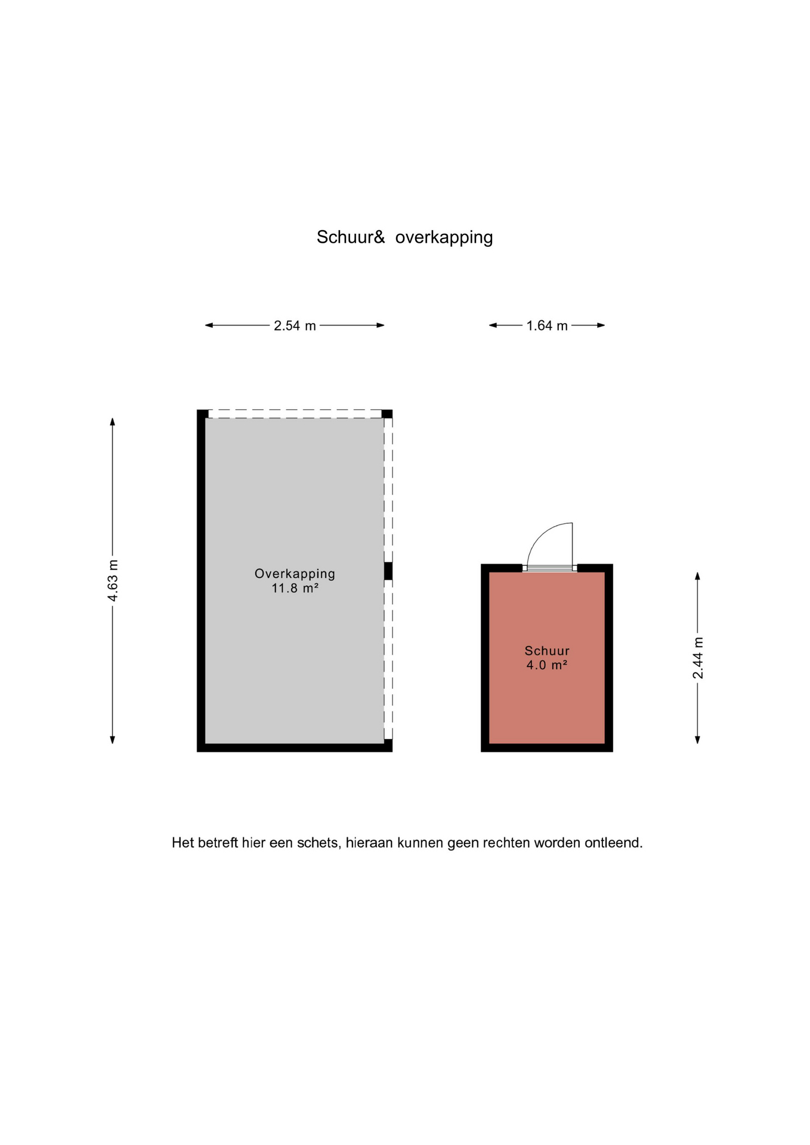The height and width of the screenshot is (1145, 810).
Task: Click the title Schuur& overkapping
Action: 404,237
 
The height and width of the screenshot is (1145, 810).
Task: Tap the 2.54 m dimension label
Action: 295,326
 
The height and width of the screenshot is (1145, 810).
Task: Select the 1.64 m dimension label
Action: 547,326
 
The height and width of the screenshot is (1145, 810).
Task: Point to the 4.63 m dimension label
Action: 113,580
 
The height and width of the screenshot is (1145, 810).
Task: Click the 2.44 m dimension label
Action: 698,658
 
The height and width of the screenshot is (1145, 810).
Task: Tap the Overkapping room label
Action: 295,574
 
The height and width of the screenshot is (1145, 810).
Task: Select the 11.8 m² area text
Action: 295,588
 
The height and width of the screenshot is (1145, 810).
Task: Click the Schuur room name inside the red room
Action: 547,651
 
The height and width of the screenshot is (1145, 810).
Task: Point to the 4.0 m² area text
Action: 546,665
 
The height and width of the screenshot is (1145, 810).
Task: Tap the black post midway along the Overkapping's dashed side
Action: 388,571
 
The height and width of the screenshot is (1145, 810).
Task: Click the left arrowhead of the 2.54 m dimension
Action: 209,325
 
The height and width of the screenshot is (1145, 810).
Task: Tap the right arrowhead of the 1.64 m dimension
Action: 601,325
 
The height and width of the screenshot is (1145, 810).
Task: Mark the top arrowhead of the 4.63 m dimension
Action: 112,422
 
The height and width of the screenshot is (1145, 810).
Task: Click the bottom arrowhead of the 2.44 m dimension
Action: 697,739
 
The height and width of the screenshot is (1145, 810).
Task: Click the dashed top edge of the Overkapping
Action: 295,414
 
